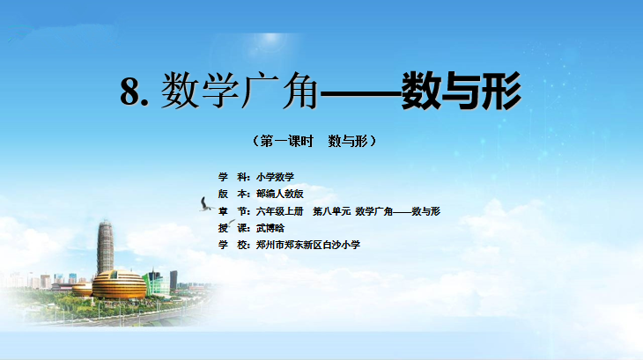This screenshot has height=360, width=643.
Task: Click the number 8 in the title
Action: [129, 91]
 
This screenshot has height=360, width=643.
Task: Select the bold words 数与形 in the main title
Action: [462, 91]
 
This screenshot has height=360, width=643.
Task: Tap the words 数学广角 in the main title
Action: [239, 91]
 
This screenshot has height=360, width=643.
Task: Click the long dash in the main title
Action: [360, 93]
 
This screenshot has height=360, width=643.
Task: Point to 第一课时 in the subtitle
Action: [286, 141]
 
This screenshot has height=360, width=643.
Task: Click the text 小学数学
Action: [275, 177]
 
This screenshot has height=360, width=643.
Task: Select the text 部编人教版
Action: [280, 194]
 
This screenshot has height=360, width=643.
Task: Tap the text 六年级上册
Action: [280, 211]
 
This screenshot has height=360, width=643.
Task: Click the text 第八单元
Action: [332, 211]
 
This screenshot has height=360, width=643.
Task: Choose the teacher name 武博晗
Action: [270, 228]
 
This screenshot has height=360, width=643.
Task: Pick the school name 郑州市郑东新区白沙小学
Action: [308, 245]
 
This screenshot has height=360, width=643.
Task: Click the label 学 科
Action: [233, 177]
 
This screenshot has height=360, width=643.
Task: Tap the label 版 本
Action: [233, 194]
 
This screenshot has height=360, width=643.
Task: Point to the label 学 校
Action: [233, 245]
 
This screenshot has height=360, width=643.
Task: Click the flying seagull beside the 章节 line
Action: [205, 204]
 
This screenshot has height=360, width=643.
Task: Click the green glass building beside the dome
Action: [156, 283]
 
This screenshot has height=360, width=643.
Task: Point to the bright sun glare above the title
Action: [270, 39]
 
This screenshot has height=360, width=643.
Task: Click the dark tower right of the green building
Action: [174, 280]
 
